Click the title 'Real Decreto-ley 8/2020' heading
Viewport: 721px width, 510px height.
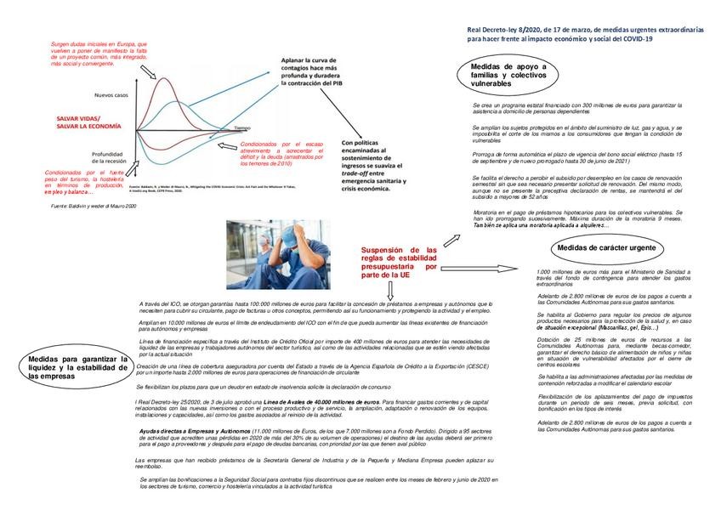[x=586, y=34]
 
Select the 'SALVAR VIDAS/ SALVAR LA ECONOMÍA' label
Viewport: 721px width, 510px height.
[x=79, y=122]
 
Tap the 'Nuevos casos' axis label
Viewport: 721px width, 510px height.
[x=111, y=94]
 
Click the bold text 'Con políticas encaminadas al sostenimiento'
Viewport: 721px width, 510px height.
[x=370, y=165]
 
